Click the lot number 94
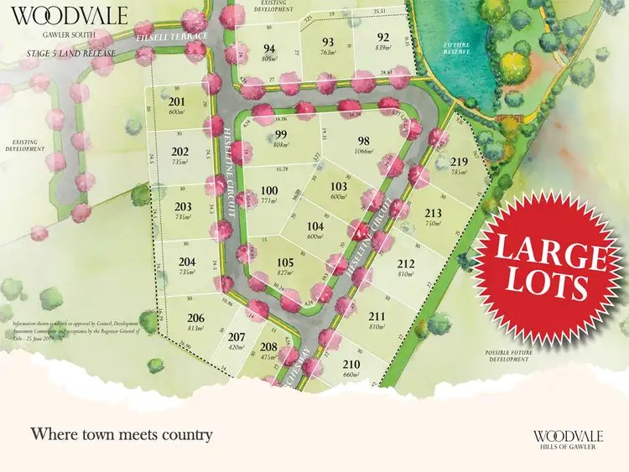[269, 48]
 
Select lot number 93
[328, 43]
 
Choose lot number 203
[183, 206]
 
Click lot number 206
[196, 317]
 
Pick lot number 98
[363, 141]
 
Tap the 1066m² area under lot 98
[363, 152]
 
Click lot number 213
[433, 213]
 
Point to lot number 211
[377, 316]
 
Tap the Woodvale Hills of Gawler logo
[568, 438]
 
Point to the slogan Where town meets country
[121, 434]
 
